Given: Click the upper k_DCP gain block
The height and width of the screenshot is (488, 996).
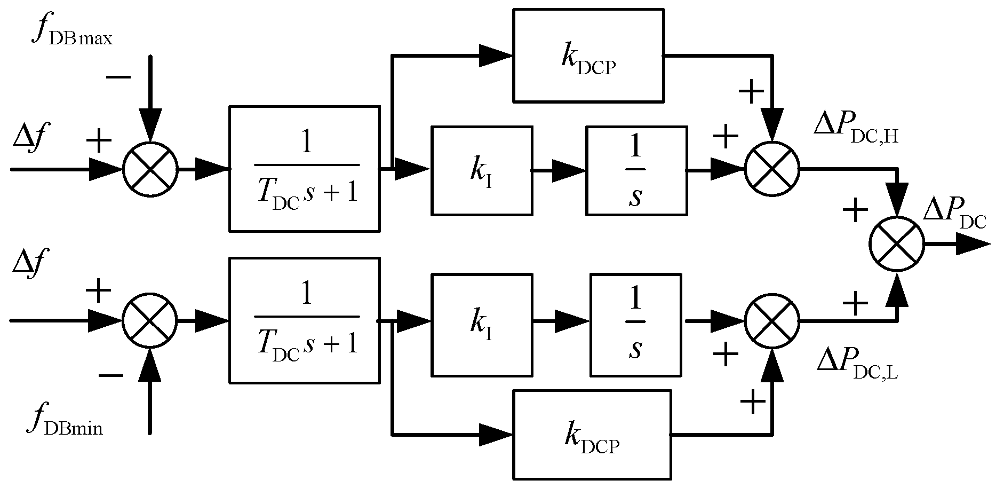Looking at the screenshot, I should (588, 55).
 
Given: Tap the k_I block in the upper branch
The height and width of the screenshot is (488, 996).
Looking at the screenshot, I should (482, 170).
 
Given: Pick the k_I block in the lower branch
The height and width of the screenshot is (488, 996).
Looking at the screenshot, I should (482, 325).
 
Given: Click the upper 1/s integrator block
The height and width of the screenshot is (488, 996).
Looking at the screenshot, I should (636, 170).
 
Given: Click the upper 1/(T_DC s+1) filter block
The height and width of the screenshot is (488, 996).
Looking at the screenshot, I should (305, 169).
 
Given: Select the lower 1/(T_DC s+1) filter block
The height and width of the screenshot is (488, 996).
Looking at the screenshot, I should (305, 320).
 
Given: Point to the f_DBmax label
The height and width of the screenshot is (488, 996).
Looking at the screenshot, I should (73, 32).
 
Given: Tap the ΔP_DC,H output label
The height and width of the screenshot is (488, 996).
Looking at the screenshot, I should (856, 127).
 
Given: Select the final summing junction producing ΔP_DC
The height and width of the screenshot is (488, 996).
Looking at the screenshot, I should (897, 243).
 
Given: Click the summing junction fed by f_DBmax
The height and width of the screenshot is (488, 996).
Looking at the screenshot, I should (150, 169).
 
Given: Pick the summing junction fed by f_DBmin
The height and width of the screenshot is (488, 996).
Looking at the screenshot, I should (150, 320).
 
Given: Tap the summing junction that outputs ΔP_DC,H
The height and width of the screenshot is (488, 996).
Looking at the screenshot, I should (772, 169).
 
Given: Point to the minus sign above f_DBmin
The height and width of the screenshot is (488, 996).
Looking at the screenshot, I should (110, 375).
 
